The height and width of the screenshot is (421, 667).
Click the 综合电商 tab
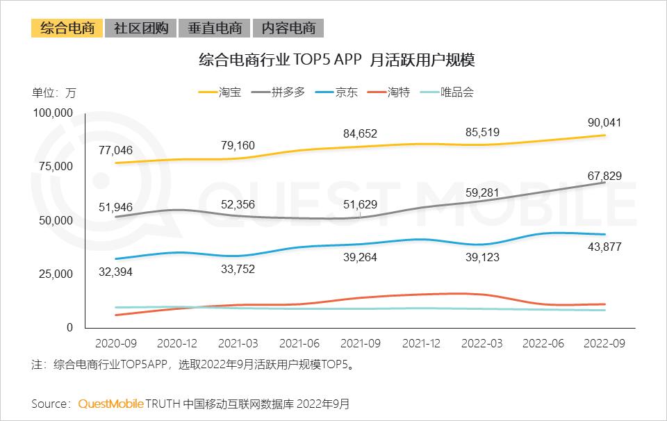(67, 28)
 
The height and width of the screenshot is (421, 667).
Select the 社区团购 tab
(140, 28)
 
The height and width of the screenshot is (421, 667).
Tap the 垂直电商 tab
(214, 28)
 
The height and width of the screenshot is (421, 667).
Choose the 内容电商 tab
(288, 28)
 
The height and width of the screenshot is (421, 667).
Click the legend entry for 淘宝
(220, 92)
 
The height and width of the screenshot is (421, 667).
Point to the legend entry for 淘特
(389, 92)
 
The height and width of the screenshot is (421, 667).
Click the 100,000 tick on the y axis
(53, 113)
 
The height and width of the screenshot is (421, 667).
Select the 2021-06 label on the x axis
(297, 343)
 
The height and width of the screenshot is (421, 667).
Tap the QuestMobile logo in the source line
(110, 404)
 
